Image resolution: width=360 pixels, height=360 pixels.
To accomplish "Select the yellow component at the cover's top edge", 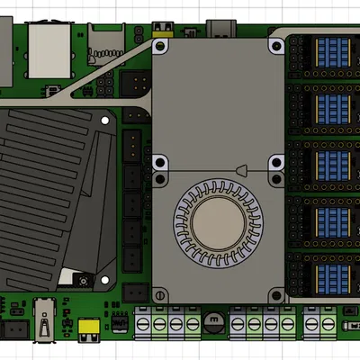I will point(163,36).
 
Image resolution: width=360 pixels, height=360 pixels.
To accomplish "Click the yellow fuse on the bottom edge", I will point(89,329).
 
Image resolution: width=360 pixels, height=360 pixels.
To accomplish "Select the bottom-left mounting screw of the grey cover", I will point(160,293).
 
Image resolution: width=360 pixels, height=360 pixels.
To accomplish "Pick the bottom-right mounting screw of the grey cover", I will point(276,293).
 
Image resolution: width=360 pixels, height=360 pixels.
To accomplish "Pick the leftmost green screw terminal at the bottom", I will point(144,323).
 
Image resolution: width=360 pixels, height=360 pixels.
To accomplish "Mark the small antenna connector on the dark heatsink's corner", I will point(83,283).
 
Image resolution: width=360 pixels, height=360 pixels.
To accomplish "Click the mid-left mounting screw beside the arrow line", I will point(160,165).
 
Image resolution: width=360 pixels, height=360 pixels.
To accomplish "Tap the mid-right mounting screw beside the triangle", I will point(276,165).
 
